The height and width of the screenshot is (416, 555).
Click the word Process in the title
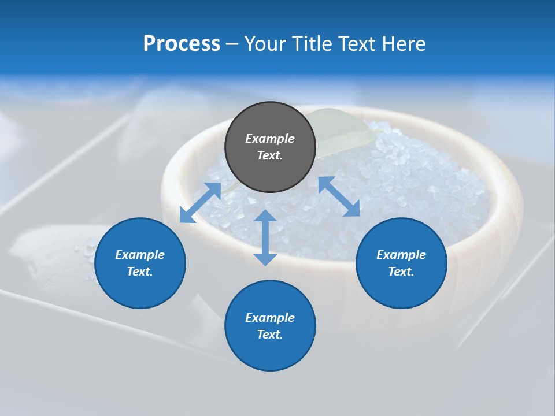point(182,44)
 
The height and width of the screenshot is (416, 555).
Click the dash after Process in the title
point(232,45)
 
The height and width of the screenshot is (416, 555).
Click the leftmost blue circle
point(140,263)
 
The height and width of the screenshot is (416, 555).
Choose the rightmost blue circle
point(401,263)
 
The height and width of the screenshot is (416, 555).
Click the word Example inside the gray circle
point(270,139)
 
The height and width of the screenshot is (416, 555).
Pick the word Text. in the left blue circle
point(140,272)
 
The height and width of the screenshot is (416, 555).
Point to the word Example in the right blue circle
point(401,255)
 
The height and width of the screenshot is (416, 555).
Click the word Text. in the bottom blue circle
point(270,335)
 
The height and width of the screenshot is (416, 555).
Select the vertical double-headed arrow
point(265,237)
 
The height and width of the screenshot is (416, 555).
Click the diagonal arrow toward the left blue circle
point(200,203)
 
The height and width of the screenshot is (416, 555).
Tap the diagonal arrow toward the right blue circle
point(339,196)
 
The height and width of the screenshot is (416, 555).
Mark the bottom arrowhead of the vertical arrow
point(265,259)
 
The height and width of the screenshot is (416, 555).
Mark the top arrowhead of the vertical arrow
point(265,216)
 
